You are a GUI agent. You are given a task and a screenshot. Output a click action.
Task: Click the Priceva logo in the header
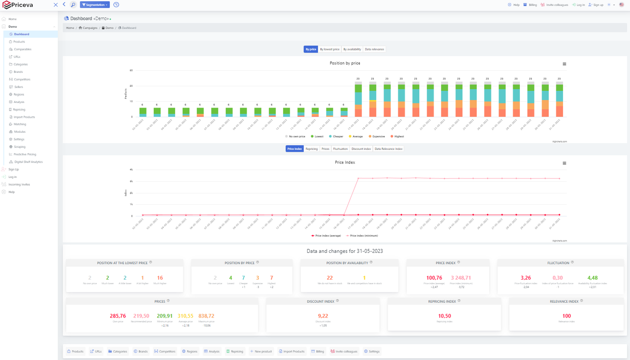click(x=18, y=5)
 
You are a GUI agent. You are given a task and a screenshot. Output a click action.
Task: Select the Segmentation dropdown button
click(x=94, y=5)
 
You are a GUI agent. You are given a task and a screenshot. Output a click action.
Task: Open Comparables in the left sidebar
click(x=23, y=49)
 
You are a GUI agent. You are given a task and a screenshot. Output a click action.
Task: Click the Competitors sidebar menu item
click(x=22, y=80)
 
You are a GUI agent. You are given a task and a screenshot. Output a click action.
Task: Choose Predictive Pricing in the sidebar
click(x=25, y=154)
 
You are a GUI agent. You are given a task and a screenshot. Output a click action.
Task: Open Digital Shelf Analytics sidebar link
click(x=28, y=162)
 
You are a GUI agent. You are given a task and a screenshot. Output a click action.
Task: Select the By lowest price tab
click(x=329, y=49)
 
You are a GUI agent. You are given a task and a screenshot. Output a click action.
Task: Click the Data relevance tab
click(x=374, y=49)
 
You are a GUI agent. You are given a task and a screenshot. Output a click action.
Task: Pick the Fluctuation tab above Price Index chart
click(x=340, y=149)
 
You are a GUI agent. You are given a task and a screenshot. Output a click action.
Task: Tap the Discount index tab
click(x=361, y=149)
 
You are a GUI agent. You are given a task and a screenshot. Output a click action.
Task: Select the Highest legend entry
click(x=398, y=137)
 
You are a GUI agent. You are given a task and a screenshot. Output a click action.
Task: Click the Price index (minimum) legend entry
click(x=364, y=236)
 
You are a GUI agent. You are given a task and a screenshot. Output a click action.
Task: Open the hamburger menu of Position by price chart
click(x=564, y=64)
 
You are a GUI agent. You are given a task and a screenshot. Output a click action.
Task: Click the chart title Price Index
click(x=345, y=163)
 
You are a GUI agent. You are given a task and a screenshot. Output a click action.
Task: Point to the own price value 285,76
click(x=118, y=316)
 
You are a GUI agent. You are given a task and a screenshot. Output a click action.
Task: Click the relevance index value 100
click(x=566, y=316)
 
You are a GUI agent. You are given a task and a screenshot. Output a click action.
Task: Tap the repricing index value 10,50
click(x=444, y=316)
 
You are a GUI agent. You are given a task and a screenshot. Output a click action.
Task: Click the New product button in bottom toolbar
click(x=261, y=351)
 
